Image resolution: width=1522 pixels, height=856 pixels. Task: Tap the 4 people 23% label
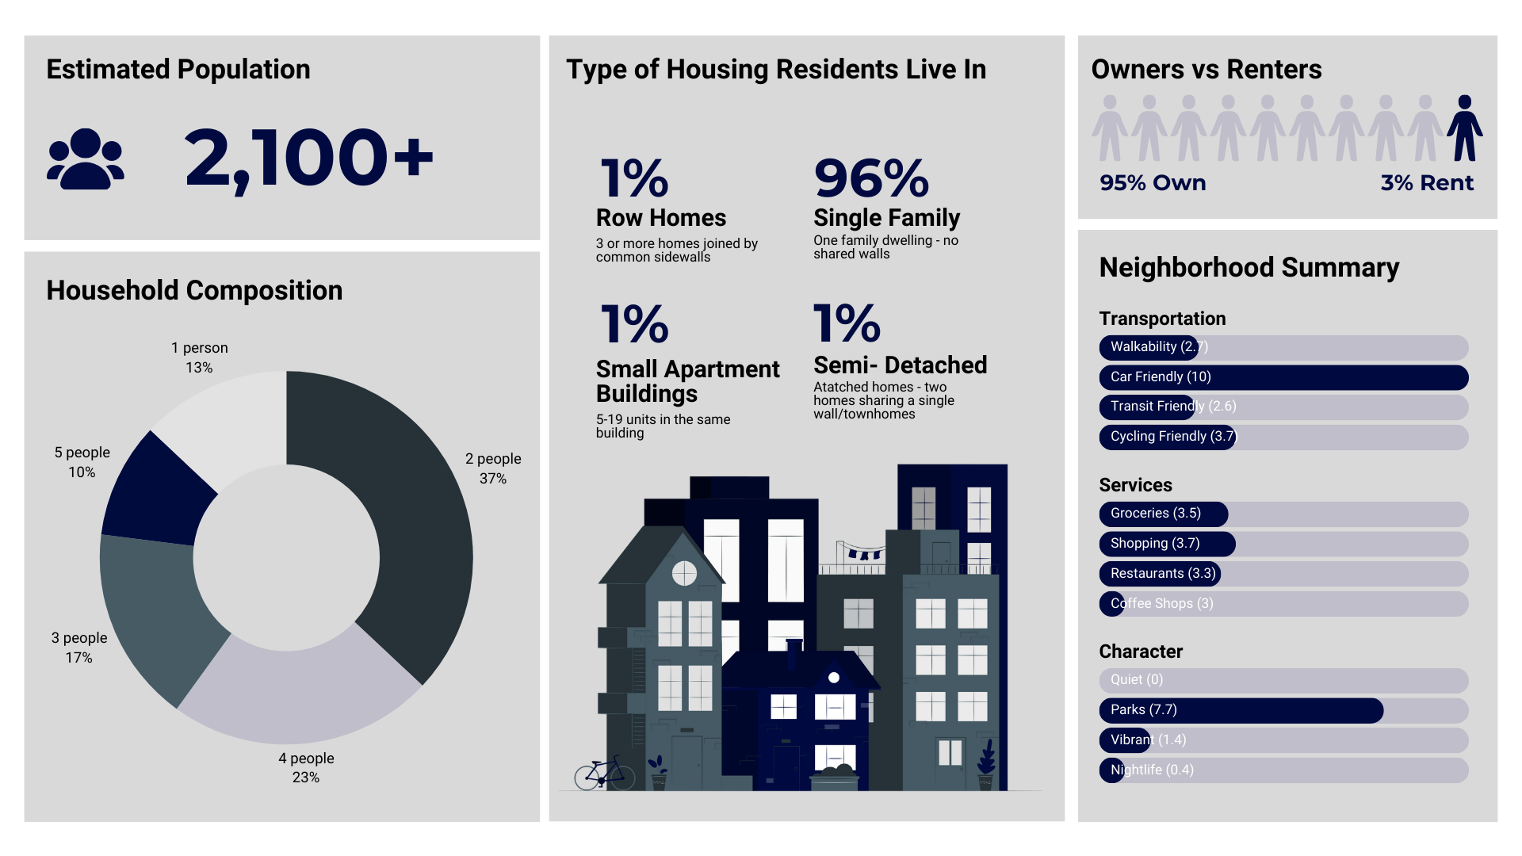pyautogui.click(x=306, y=767)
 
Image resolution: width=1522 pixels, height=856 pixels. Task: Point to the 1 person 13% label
pyautogui.click(x=199, y=357)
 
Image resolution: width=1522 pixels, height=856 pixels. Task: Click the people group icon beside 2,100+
pyautogui.click(x=86, y=159)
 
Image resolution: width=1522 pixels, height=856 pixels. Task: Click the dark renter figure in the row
pyautogui.click(x=1464, y=128)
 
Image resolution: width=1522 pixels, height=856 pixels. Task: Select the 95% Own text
pyautogui.click(x=1153, y=183)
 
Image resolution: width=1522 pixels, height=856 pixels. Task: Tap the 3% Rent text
pyautogui.click(x=1427, y=183)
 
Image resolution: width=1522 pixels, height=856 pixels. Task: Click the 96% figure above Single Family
pyautogui.click(x=871, y=178)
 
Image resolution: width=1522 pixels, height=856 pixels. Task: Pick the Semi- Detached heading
pyautogui.click(x=900, y=365)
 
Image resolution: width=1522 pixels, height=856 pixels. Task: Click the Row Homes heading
pyautogui.click(x=661, y=218)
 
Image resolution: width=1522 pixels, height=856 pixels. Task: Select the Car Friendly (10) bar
pyautogui.click(x=1283, y=377)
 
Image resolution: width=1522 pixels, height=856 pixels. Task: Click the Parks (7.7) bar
pyautogui.click(x=1241, y=710)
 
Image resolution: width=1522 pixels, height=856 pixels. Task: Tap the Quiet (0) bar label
pyautogui.click(x=1137, y=680)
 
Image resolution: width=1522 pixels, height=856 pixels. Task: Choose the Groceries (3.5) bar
pyautogui.click(x=1163, y=514)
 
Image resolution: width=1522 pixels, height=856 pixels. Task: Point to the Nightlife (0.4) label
pyautogui.click(x=1152, y=770)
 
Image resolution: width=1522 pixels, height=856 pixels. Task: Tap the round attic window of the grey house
pyautogui.click(x=684, y=573)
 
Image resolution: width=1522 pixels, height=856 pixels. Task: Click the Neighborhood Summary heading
pyautogui.click(x=1249, y=268)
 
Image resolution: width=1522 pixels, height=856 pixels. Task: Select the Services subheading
pyautogui.click(x=1135, y=485)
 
